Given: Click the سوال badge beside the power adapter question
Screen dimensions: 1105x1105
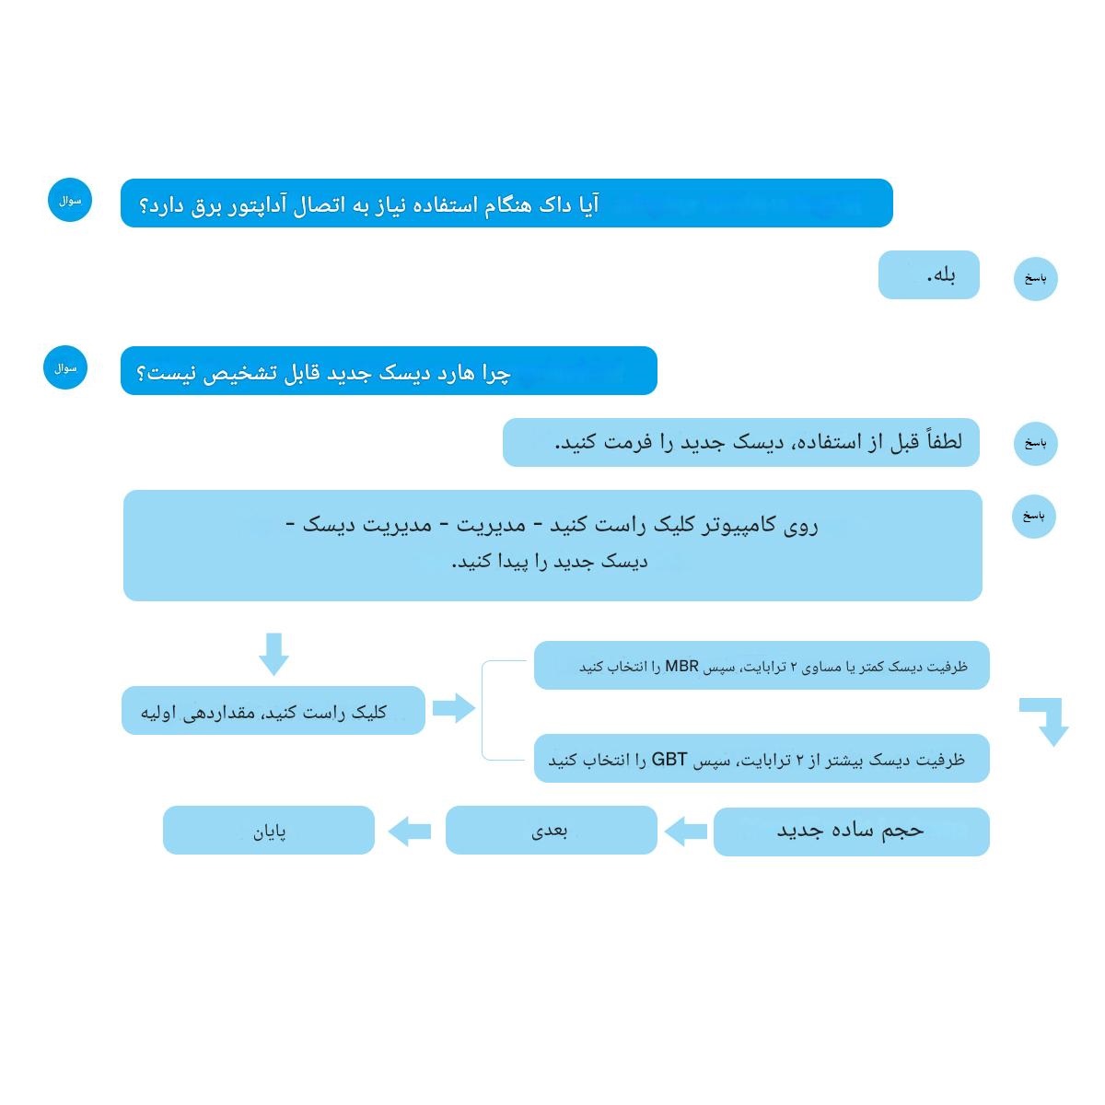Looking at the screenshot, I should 70,201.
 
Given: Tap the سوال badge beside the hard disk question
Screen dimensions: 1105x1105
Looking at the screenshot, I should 64,368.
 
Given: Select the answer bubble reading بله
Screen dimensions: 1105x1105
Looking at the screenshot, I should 928,275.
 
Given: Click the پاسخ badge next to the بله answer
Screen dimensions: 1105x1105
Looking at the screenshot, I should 1035,278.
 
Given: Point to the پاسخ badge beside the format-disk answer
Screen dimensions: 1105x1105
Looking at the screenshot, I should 1035,444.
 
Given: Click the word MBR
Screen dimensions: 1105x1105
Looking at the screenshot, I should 682,666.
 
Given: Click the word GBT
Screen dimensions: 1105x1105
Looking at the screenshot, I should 669,761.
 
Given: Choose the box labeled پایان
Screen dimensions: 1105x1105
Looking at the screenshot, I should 269,831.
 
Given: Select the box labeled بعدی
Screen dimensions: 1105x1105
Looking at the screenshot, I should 551,831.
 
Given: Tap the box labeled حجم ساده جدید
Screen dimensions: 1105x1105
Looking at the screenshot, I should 851,832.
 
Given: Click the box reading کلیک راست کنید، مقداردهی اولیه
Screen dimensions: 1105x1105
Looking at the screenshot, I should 273,711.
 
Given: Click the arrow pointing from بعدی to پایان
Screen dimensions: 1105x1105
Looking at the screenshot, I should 410,832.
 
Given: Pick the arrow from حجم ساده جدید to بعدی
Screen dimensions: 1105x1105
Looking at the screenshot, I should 685,832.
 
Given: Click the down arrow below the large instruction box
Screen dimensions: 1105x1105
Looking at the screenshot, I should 273,653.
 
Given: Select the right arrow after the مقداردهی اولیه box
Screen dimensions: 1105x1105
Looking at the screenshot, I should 453,708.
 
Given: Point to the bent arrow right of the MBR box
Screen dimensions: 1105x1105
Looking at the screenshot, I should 1048,719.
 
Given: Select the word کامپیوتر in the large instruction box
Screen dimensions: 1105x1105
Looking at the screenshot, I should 744,526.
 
